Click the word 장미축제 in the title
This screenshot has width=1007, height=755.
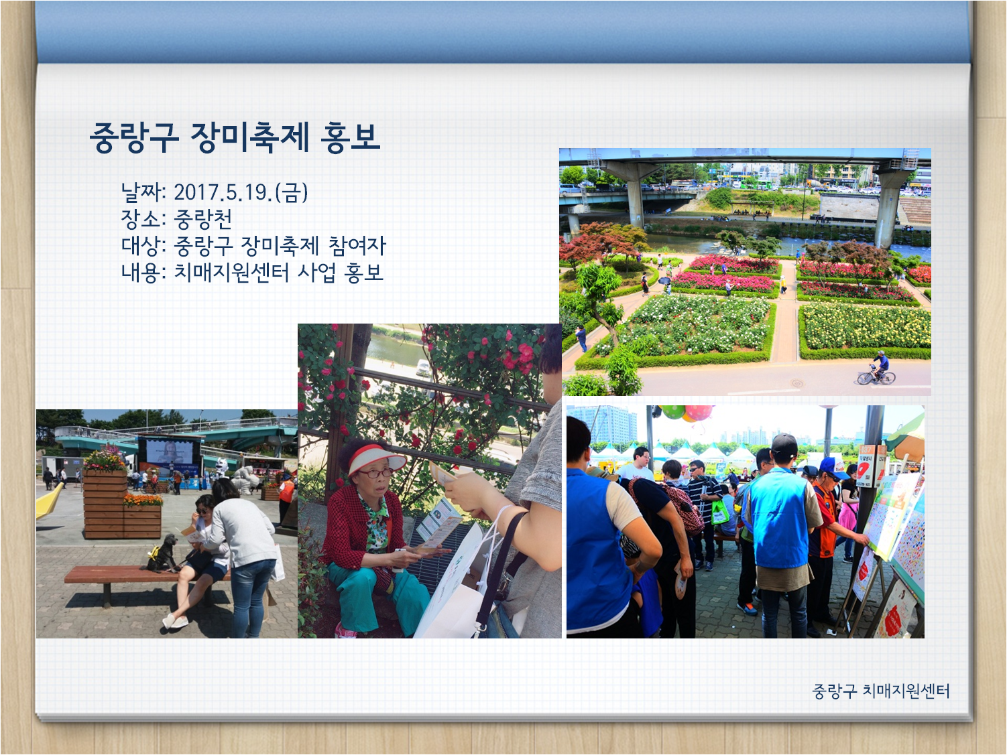(249, 137)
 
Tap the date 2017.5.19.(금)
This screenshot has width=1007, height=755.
(241, 192)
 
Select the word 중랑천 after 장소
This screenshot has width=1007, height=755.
(202, 219)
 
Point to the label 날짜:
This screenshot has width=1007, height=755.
(143, 192)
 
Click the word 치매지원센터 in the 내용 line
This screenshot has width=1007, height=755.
(231, 272)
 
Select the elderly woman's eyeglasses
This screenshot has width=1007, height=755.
(372, 473)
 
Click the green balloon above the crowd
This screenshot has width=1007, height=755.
(671, 411)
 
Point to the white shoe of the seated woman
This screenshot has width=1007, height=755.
(175, 622)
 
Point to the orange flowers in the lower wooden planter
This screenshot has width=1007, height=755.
(143, 499)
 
